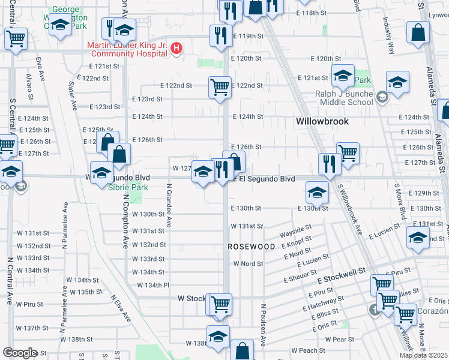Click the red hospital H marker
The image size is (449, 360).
(176, 49)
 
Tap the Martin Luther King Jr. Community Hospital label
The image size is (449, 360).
(127, 49)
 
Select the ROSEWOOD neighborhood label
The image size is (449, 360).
(251, 247)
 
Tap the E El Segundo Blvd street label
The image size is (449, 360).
(264, 179)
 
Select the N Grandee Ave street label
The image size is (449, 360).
(170, 205)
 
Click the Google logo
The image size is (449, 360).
(20, 353)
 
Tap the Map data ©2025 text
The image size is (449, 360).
(423, 355)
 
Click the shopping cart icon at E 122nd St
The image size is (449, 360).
(220, 87)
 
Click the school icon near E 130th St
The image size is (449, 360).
(317, 192)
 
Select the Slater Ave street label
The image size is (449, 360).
(73, 96)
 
